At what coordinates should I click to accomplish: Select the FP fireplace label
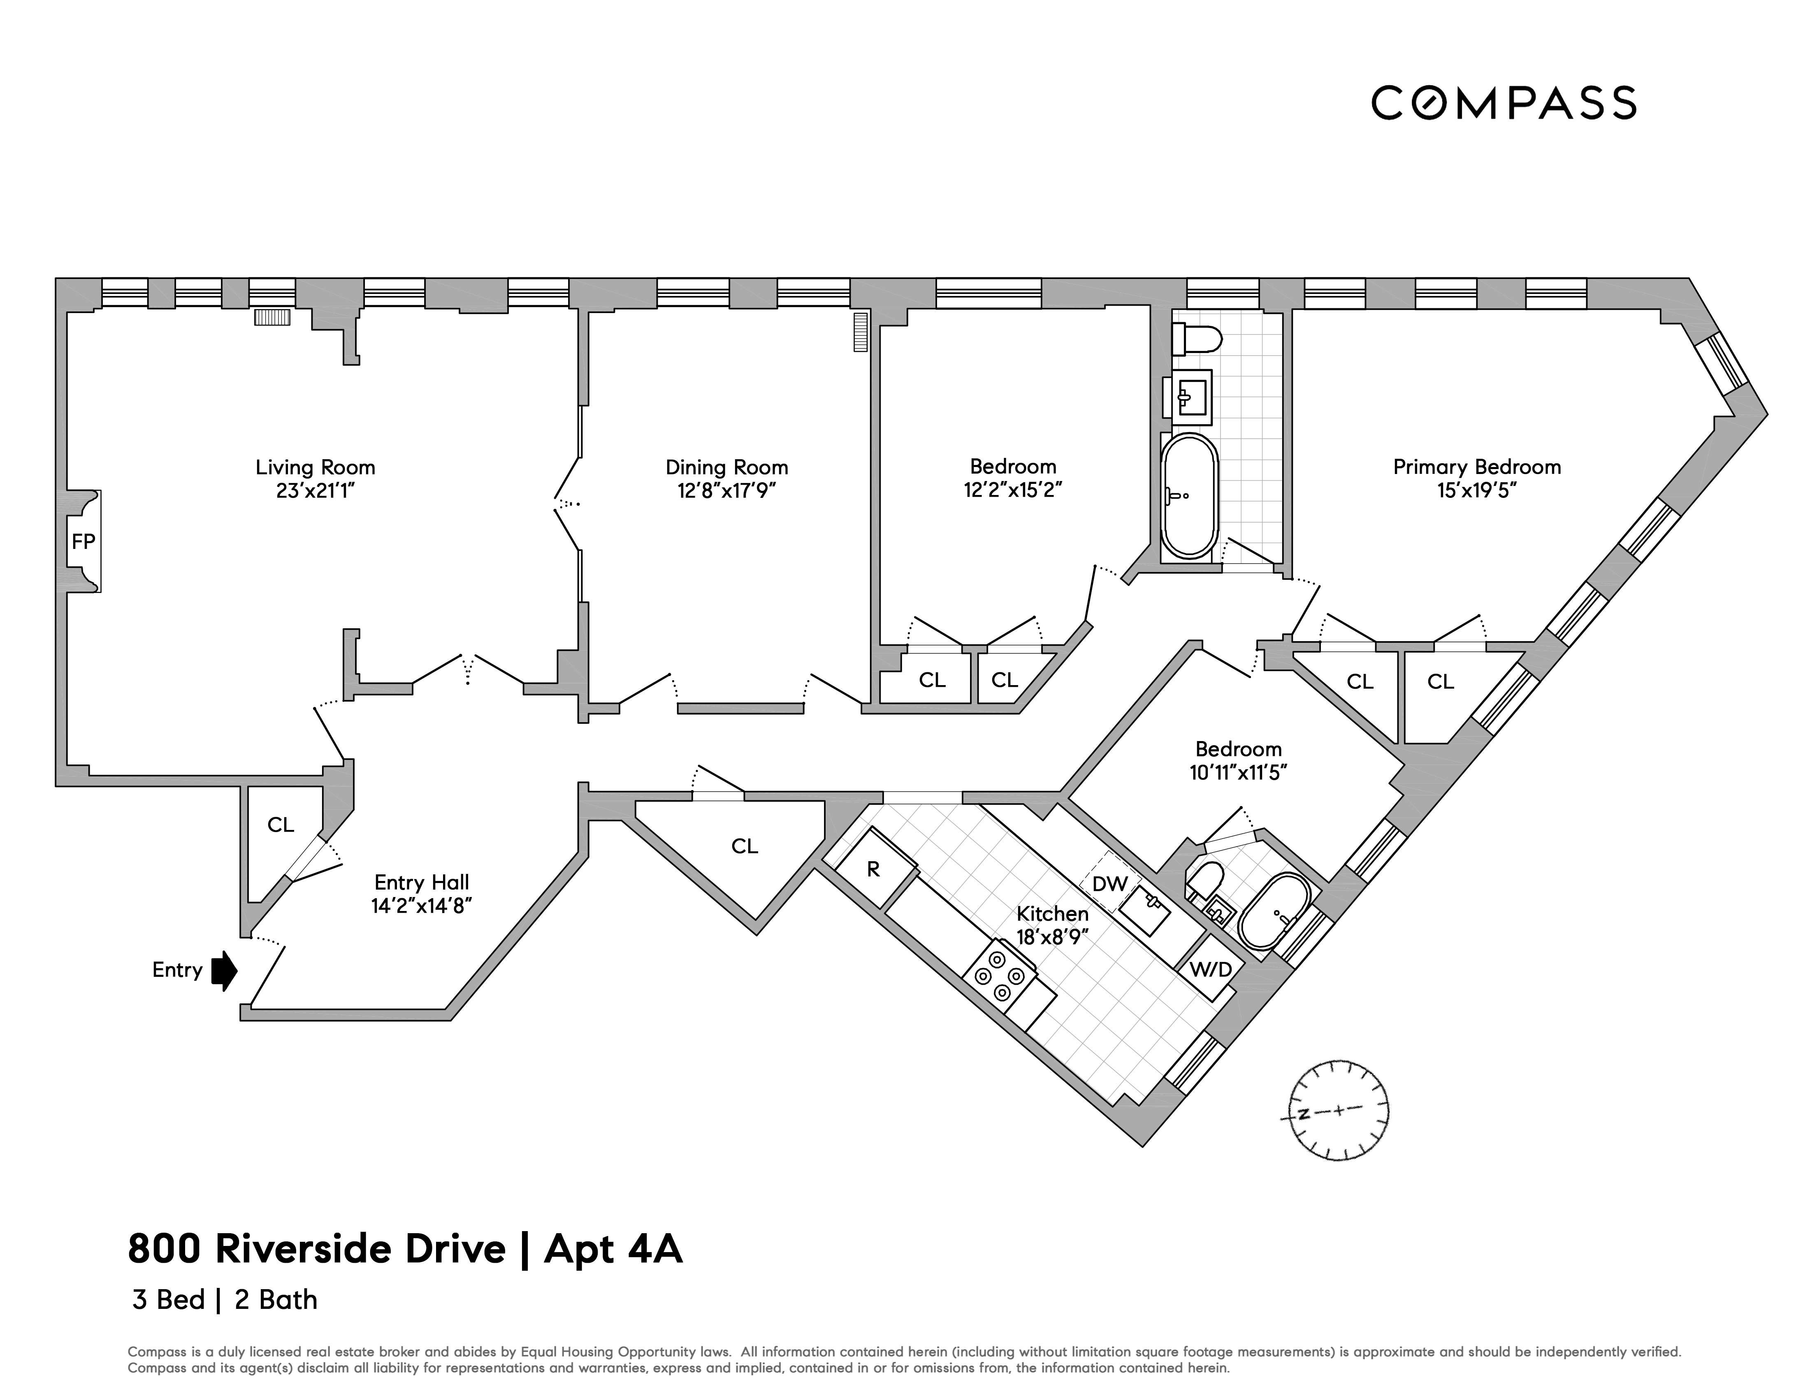(83, 541)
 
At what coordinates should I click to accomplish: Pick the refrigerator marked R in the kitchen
(874, 870)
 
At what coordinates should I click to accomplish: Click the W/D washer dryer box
(1211, 969)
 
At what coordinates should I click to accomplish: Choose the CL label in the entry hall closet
(280, 825)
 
